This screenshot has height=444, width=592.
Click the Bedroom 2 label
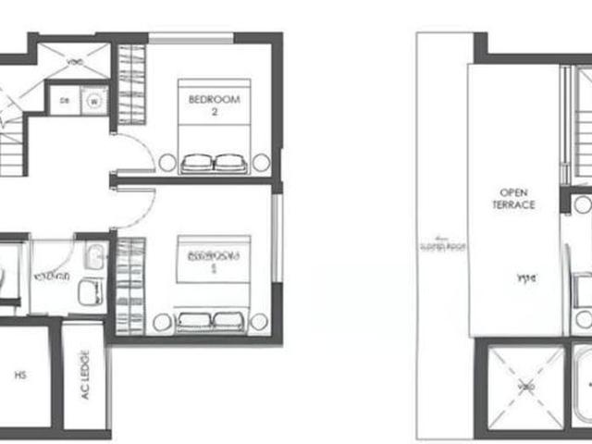point(214,103)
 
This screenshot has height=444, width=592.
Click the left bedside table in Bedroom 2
point(166,163)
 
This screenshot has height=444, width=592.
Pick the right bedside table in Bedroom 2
point(261,163)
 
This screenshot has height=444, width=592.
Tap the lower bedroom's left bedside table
point(163,322)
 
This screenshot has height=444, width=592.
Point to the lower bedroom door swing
point(134,205)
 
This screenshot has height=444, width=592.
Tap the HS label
point(20,376)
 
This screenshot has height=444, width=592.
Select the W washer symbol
point(93,100)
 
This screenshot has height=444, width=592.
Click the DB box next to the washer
point(64,100)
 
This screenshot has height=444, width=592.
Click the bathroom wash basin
point(94,256)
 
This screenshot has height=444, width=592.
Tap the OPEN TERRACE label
point(513,199)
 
